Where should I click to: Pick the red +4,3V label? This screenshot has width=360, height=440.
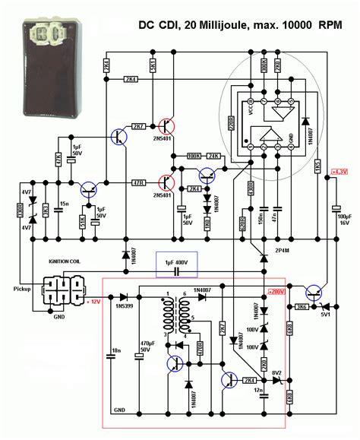[339, 173]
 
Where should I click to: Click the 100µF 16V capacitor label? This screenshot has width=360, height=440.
[345, 220]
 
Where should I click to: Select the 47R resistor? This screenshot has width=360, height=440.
[138, 182]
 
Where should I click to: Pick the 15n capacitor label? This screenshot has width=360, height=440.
[66, 204]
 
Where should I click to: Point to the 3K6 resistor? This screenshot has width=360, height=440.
[302, 306]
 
